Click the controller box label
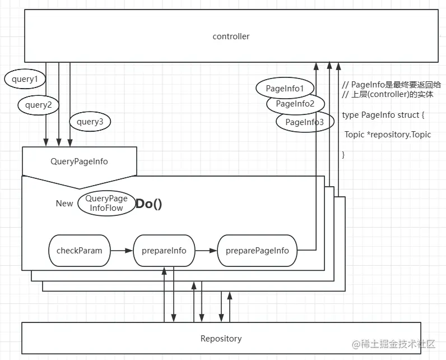(x=231, y=36)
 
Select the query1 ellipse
(x=24, y=80)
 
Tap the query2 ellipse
(x=38, y=104)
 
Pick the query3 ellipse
(x=90, y=121)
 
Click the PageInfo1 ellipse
(x=284, y=88)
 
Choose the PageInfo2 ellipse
(x=295, y=104)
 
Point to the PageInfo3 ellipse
(x=304, y=122)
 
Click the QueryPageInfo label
(x=79, y=161)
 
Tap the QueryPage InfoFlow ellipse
(x=106, y=203)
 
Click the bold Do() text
(x=149, y=204)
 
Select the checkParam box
(x=80, y=250)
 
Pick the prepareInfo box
(x=164, y=250)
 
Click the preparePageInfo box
(x=257, y=250)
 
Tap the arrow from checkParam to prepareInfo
(x=122, y=250)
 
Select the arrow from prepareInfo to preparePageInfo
(x=206, y=250)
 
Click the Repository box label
(x=221, y=339)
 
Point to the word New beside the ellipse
(x=64, y=204)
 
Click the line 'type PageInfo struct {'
(x=384, y=115)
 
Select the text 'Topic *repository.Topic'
(x=388, y=135)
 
